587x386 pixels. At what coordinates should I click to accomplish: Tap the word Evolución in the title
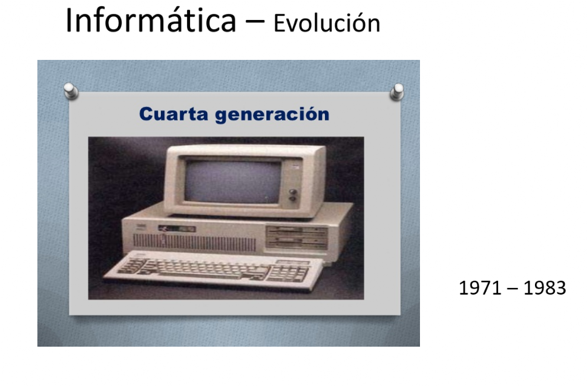tap(327, 23)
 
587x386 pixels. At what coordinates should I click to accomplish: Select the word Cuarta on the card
tap(173, 114)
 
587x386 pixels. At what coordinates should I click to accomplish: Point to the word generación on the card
tap(272, 115)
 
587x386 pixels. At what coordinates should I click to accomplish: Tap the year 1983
tap(545, 288)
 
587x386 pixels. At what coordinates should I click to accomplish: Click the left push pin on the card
tap(71, 91)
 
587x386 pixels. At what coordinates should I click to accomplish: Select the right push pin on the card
tap(397, 92)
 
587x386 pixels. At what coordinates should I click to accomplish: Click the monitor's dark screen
tap(232, 182)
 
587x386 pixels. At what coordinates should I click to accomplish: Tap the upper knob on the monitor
tap(293, 192)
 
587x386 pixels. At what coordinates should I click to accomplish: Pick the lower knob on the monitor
tap(293, 199)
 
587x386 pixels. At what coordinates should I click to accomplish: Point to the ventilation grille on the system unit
tap(194, 242)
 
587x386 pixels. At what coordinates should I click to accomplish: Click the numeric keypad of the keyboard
tap(288, 273)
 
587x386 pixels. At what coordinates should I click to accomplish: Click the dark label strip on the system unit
tap(177, 228)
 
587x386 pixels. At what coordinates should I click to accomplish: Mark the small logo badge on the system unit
tap(141, 226)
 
